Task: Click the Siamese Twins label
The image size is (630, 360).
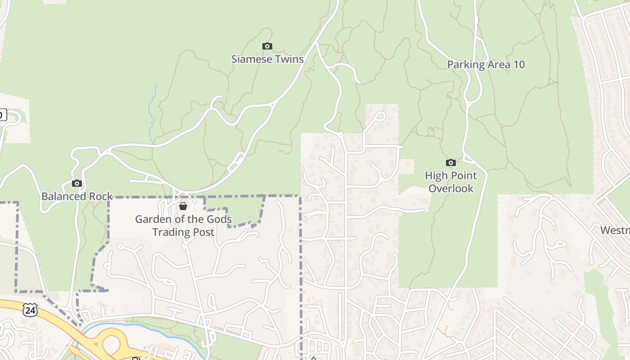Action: pyautogui.click(x=267, y=59)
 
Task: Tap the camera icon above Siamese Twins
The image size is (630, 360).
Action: pyautogui.click(x=267, y=46)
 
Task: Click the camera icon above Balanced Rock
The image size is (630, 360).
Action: pyautogui.click(x=77, y=183)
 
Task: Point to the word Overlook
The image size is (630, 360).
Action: pyautogui.click(x=451, y=188)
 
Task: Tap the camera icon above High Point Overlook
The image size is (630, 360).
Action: pyautogui.click(x=451, y=162)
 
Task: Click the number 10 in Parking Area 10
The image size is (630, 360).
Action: pyautogui.click(x=519, y=64)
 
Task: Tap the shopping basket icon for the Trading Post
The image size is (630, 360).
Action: pyautogui.click(x=183, y=206)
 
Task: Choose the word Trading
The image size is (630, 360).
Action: pyautogui.click(x=171, y=232)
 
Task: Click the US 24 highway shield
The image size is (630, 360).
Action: pyautogui.click(x=30, y=310)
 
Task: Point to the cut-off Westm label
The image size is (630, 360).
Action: pyautogui.click(x=615, y=230)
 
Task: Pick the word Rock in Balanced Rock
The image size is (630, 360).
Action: pyautogui.click(x=101, y=196)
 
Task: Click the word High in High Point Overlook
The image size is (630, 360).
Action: pyautogui.click(x=436, y=175)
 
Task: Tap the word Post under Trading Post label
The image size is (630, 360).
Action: pyautogui.click(x=204, y=232)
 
